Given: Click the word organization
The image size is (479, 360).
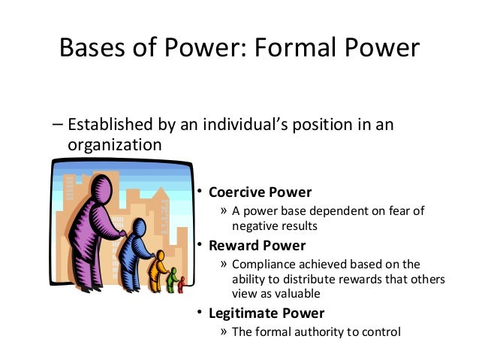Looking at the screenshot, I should (x=114, y=144).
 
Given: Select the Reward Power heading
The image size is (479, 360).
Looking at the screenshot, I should (x=257, y=245).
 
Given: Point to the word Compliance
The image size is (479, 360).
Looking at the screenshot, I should (x=264, y=265).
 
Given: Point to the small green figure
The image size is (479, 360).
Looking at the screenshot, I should (x=172, y=280).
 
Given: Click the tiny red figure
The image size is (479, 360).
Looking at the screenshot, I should (x=181, y=285).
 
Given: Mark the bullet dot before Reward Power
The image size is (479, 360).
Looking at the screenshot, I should (x=200, y=246).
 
